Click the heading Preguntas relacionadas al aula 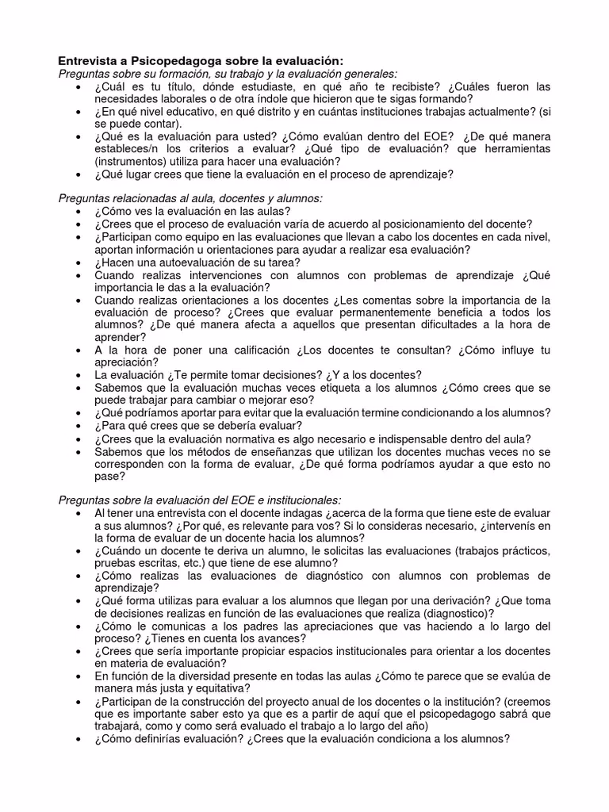pyautogui.click(x=190, y=198)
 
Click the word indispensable pyautogui.click(x=411, y=439)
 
